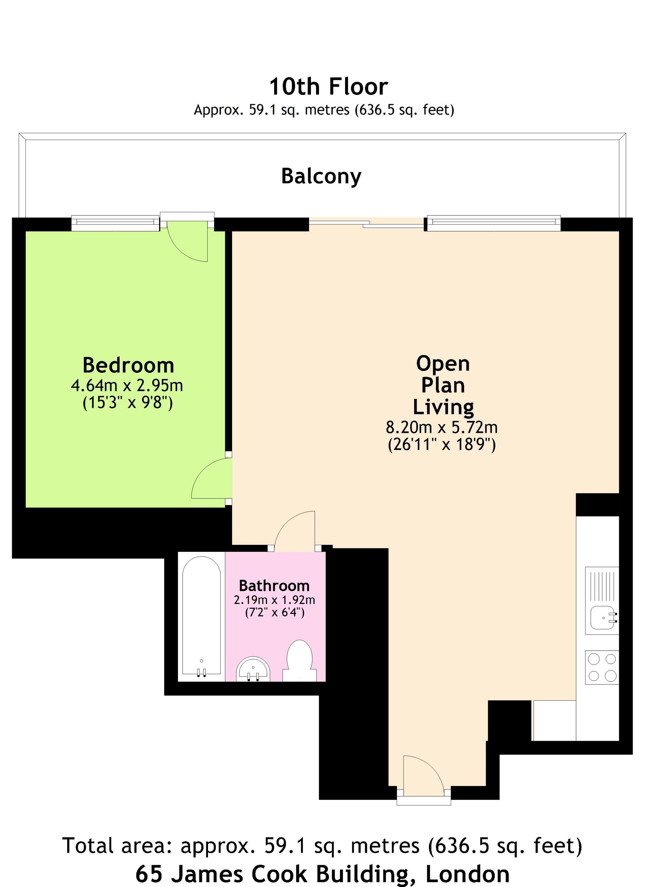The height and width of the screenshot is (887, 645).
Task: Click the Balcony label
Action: coord(321,176)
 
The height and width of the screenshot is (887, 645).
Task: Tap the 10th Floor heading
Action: coord(328,86)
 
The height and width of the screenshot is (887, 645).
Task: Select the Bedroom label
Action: coord(128,365)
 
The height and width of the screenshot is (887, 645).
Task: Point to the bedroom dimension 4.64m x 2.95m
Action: coord(127,386)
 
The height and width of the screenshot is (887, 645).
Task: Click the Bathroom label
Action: coord(274,586)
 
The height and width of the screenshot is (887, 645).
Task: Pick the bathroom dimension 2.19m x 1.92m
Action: coord(274,600)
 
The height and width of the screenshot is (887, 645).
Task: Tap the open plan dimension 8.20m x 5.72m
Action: coord(442,427)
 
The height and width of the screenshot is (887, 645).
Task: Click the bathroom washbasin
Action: coord(253,670)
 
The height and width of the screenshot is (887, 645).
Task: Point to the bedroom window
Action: coord(116,223)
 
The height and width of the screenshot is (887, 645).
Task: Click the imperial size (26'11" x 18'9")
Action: coord(442,445)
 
